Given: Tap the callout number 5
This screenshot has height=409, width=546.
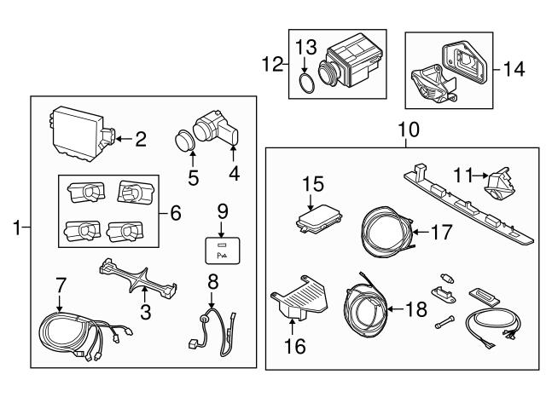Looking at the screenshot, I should point(193,178).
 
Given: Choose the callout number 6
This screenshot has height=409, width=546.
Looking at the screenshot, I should point(176,212).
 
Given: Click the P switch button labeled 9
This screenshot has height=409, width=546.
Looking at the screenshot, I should point(222,248).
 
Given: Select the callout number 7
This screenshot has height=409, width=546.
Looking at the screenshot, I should point(60,282).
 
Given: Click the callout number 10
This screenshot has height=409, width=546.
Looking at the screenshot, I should point(408,130).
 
